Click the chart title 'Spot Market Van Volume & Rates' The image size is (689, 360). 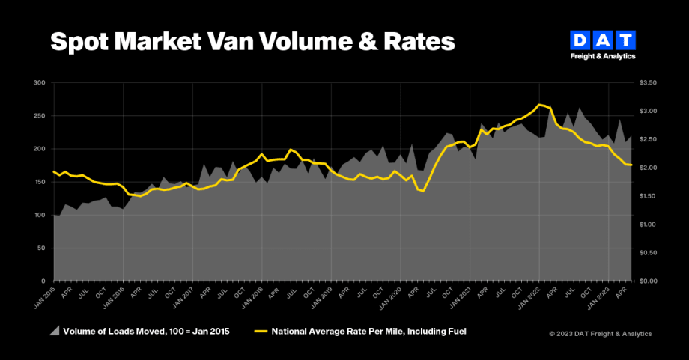coord(252,42)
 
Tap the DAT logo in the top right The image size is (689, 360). coord(602,44)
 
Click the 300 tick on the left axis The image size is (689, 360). coord(40,83)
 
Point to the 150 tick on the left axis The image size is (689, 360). coord(40,182)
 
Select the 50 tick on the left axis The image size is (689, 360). coord(41,248)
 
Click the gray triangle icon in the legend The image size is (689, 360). coord(55,330)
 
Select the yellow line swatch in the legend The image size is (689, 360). coord(261,330)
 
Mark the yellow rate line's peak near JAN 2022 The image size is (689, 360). coord(539,105)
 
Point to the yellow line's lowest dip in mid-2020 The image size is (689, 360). coord(423,191)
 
